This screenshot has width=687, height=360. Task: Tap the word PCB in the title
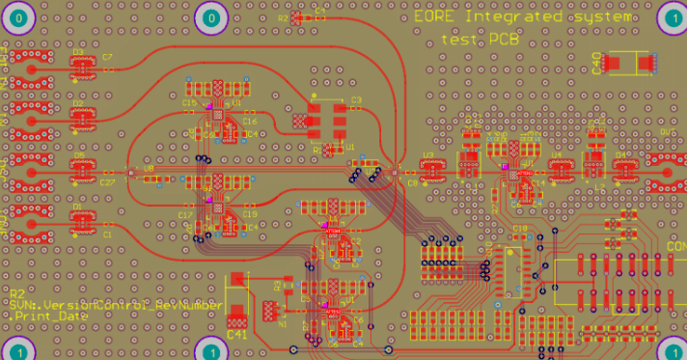click(504, 40)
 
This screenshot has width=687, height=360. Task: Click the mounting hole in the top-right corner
click(672, 17)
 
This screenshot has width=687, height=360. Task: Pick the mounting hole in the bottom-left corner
click(17, 349)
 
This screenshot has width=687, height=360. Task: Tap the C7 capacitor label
click(107, 58)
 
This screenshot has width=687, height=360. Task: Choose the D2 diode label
click(78, 100)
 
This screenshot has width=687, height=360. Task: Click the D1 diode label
click(78, 207)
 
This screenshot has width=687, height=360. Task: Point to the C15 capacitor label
click(188, 103)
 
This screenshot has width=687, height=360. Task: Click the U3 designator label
click(427, 154)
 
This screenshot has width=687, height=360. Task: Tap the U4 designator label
click(556, 154)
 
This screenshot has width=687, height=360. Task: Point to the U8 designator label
click(149, 169)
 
